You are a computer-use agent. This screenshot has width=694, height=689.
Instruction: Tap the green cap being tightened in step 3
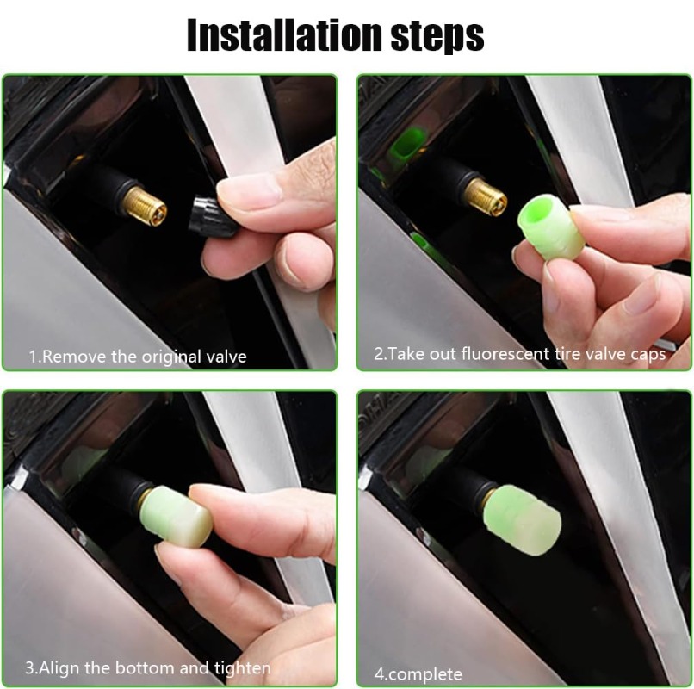tap(177, 513)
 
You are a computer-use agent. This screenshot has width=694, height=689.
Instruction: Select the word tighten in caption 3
tap(243, 668)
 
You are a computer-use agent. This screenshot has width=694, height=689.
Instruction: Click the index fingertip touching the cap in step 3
tap(203, 496)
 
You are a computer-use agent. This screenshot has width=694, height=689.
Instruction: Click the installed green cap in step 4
tap(524, 519)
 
